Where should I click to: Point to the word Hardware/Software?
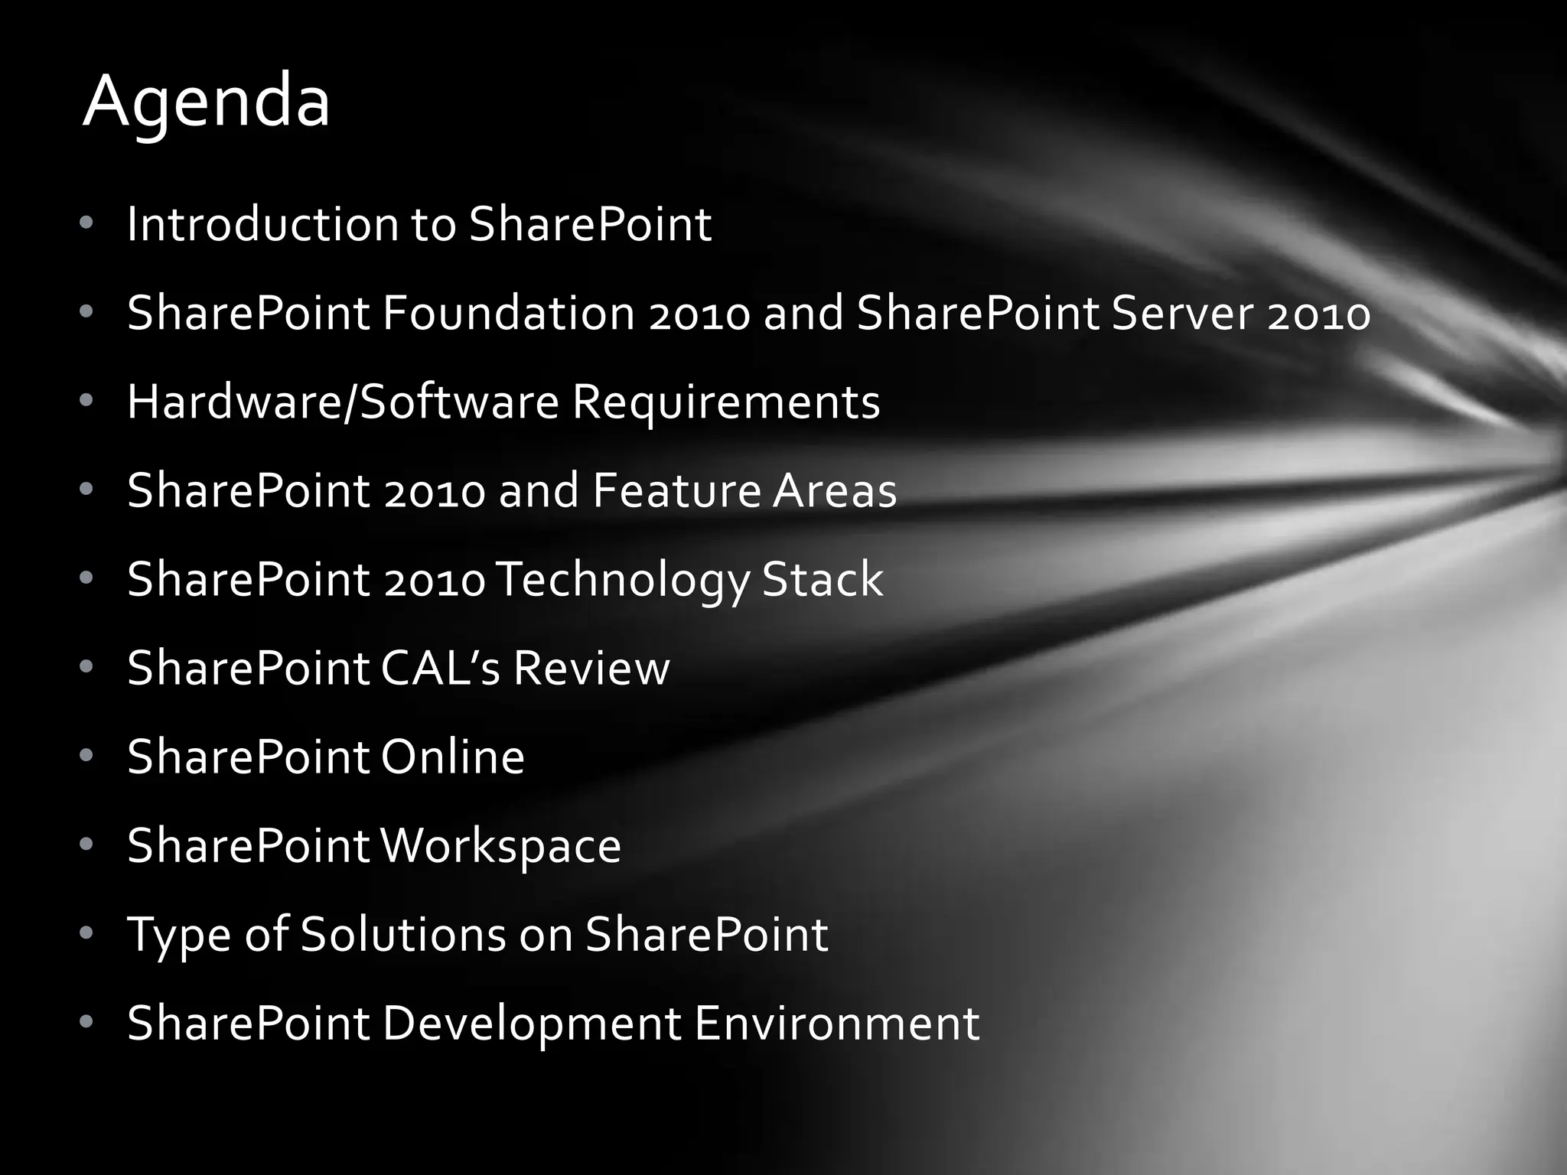click(x=343, y=402)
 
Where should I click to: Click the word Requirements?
click(x=726, y=402)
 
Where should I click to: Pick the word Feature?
click(x=676, y=490)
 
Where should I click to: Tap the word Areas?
click(x=834, y=490)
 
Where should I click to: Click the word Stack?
click(x=823, y=579)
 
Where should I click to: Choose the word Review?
click(x=591, y=668)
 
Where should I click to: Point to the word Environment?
click(x=837, y=1023)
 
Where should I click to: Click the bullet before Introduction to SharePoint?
click(x=86, y=223)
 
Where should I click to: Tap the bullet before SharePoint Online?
click(x=86, y=756)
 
